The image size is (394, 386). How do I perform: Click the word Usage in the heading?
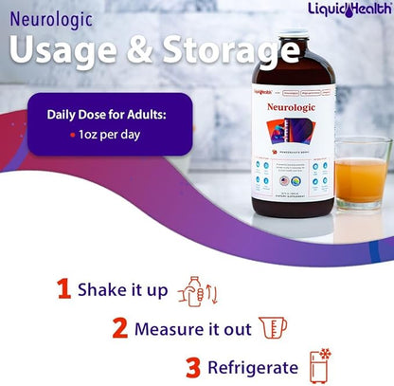66,52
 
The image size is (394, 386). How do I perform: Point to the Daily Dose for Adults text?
106,115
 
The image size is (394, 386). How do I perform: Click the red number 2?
120,329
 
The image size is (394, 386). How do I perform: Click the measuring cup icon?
272,328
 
